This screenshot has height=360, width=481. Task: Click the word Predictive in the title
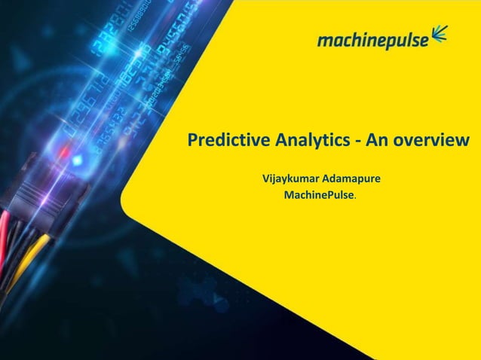[x=221, y=141]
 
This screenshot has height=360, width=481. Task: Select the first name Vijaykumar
[x=290, y=180]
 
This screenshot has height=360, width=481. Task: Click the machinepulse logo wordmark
[x=371, y=39]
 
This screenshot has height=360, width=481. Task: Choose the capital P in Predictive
[x=191, y=141]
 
